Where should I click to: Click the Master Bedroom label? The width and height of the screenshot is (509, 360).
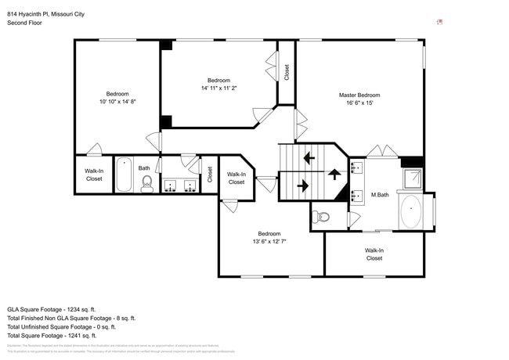tap(359, 95)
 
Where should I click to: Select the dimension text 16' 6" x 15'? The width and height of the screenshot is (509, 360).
tap(359, 103)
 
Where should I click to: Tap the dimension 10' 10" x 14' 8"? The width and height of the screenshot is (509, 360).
tap(117, 102)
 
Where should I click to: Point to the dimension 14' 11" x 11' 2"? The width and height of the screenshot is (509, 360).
tap(218, 88)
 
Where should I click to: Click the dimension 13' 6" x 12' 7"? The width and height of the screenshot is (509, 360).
tap(269, 242)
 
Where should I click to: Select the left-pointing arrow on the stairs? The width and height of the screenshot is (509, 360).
tap(309, 157)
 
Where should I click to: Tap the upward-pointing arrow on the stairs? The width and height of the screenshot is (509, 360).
tap(335, 174)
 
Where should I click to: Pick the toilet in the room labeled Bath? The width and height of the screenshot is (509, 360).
tap(146, 183)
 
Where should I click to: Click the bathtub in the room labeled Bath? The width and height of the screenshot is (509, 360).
tap(124, 176)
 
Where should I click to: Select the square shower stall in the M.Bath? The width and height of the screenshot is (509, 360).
tap(410, 179)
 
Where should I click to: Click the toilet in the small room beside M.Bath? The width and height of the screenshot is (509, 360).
tap(322, 215)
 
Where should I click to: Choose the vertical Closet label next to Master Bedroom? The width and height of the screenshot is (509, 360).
tap(287, 72)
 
